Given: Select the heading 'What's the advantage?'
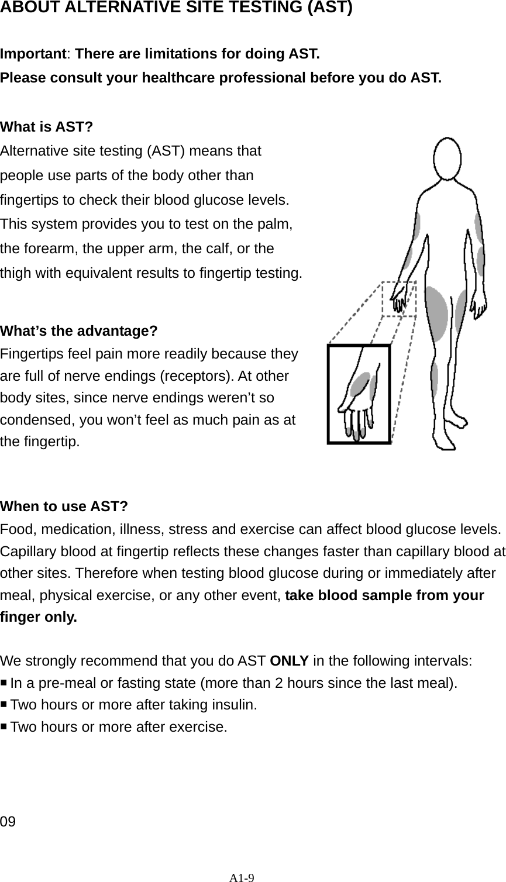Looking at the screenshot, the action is (79, 331).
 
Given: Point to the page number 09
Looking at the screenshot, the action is (8, 822).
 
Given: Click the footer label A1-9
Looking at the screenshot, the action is (242, 877).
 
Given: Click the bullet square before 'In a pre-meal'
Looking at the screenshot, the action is (5, 682).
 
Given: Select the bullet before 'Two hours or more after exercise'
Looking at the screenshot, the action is (5, 726).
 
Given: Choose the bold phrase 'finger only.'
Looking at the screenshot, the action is (38, 618).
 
